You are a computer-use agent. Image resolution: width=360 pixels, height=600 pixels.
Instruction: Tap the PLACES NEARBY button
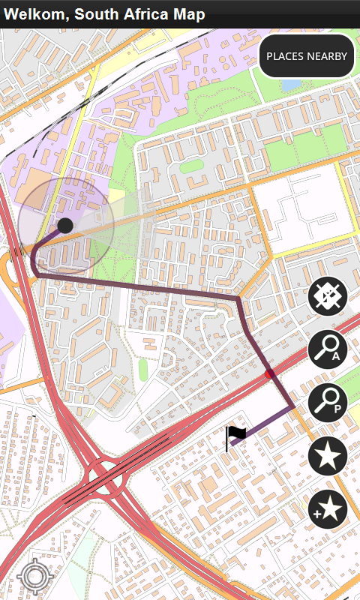point(307,56)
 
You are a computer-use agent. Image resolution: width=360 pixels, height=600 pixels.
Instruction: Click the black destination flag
point(236,434)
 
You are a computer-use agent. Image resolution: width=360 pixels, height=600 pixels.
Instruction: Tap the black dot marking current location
point(65,225)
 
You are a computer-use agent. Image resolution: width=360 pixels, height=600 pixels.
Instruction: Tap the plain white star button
point(328,456)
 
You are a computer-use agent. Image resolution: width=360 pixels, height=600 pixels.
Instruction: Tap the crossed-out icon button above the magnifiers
point(328,297)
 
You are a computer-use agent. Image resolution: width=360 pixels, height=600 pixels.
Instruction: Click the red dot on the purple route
point(270,373)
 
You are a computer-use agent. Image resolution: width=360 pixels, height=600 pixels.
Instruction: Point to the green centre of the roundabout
point(104,474)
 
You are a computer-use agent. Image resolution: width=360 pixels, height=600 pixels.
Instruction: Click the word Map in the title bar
point(188,14)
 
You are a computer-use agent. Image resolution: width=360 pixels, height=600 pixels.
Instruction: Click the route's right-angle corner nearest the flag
point(292,406)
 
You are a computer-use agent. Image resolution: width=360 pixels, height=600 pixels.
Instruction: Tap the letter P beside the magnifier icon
point(337,409)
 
